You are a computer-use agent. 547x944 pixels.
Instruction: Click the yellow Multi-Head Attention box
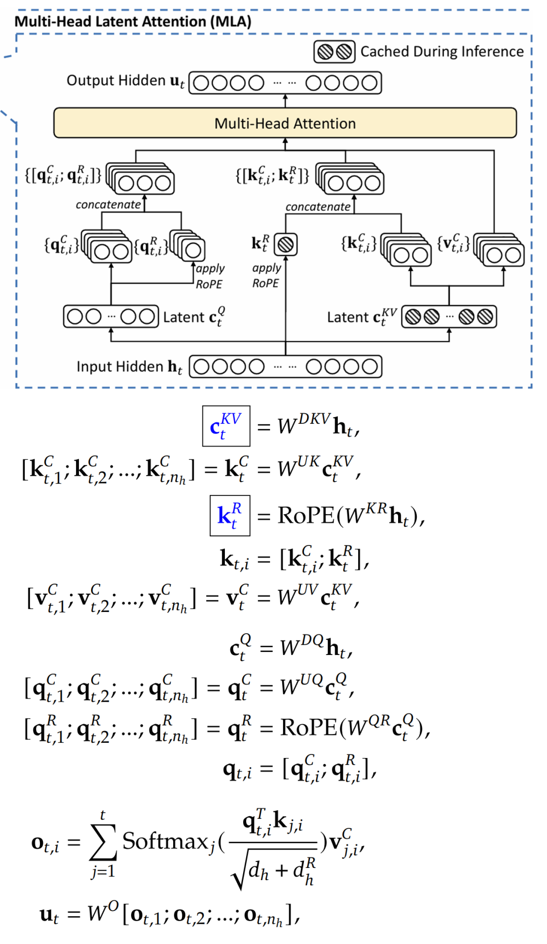(x=285, y=123)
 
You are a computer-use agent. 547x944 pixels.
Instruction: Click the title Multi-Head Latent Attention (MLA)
(x=133, y=21)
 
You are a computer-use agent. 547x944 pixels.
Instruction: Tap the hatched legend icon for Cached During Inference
(x=334, y=52)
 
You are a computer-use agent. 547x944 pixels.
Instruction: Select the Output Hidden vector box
(x=285, y=83)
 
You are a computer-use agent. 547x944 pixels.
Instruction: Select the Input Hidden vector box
(x=285, y=367)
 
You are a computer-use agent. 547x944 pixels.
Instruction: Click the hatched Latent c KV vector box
(x=449, y=317)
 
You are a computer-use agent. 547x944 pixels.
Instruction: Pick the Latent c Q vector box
(x=111, y=316)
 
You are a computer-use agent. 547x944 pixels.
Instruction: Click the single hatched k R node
(x=286, y=245)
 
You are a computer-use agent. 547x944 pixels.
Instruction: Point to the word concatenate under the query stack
(x=108, y=205)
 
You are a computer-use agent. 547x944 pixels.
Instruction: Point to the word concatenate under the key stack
(x=318, y=207)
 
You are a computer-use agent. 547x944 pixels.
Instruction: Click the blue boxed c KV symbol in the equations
(x=226, y=426)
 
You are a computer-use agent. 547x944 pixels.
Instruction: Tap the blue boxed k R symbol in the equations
(x=230, y=516)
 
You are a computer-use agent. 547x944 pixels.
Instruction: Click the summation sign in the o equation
(x=103, y=843)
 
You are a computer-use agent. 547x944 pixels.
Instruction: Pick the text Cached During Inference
(x=442, y=52)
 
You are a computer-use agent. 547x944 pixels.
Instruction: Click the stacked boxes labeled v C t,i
(x=499, y=251)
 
